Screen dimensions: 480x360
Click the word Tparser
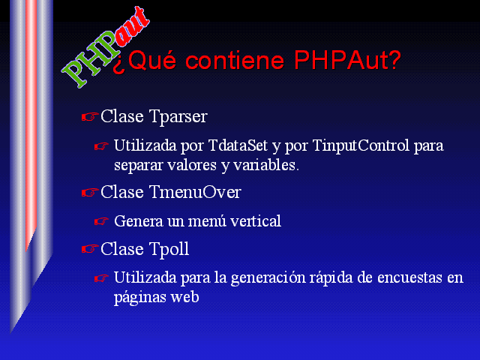(178, 117)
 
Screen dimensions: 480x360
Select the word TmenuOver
(195, 192)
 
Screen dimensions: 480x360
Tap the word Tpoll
(169, 250)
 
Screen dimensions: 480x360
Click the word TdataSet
(238, 145)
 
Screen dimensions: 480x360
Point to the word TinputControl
(361, 145)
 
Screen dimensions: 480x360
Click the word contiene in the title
(235, 60)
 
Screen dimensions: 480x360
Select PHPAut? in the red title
(347, 59)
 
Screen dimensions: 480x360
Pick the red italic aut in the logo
(132, 28)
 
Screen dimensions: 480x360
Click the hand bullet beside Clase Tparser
(90, 117)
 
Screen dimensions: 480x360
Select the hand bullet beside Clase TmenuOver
(90, 192)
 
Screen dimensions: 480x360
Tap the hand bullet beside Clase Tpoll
(90, 249)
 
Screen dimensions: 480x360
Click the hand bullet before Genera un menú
(101, 221)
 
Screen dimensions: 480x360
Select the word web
(185, 297)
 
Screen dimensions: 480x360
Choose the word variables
(265, 165)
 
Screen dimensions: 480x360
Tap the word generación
(268, 278)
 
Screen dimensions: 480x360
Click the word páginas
(140, 298)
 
